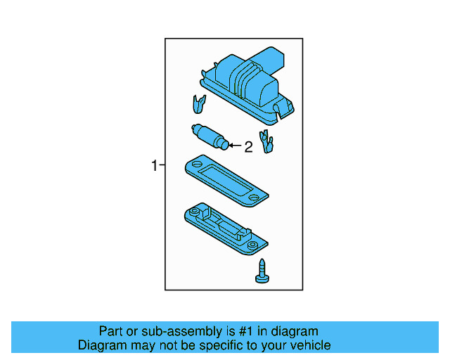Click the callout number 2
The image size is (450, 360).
tap(247, 147)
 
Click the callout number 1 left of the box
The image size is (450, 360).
tap(154, 166)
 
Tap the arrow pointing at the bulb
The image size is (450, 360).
tap(235, 146)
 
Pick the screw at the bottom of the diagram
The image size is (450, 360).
tap(261, 271)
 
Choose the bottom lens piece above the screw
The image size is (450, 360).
tap(225, 229)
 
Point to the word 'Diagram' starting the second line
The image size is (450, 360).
tap(101, 345)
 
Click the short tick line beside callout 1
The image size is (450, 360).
tap(162, 166)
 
